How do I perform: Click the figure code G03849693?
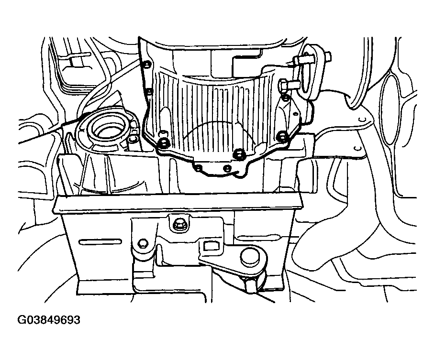click(x=49, y=319)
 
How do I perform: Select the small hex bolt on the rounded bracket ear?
click(x=143, y=243)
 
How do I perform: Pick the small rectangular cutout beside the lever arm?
click(x=209, y=246)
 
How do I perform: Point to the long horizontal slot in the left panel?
click(x=100, y=242)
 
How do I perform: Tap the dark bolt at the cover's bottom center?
click(x=238, y=153)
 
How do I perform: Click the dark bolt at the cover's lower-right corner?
click(x=282, y=136)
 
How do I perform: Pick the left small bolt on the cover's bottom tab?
click(x=198, y=168)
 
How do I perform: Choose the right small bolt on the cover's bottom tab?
click(x=227, y=168)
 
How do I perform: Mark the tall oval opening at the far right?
click(x=390, y=108)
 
